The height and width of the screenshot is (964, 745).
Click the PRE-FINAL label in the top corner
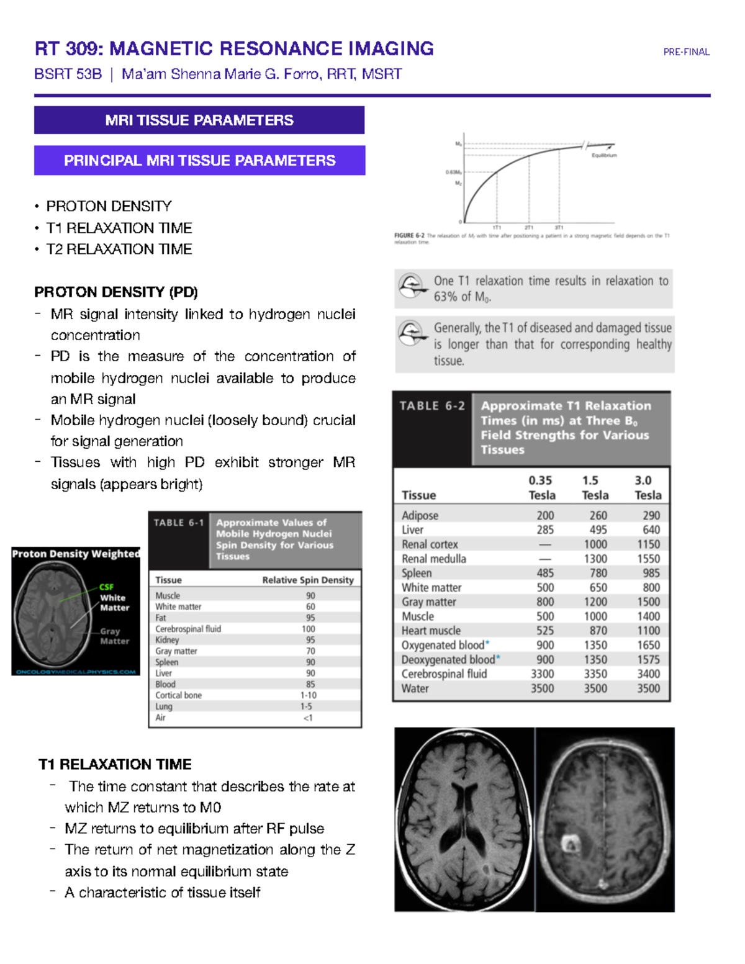[x=686, y=52]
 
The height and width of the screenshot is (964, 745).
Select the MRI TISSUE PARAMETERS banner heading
[x=199, y=120]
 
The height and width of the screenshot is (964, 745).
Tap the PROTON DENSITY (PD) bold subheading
[x=116, y=292]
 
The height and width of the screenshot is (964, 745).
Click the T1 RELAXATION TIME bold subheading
[x=115, y=764]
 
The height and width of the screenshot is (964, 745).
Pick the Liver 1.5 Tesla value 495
[x=595, y=530]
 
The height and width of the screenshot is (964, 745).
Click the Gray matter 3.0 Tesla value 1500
[x=648, y=602]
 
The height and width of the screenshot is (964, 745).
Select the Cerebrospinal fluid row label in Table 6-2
[x=444, y=674]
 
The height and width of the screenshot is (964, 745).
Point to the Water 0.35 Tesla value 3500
[x=542, y=688]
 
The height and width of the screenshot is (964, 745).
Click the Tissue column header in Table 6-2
[x=418, y=495]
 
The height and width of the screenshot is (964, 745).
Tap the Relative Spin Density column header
[x=308, y=580]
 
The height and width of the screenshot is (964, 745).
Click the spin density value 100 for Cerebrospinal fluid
[x=309, y=629]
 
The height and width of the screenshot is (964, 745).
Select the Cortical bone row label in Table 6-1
[x=178, y=695]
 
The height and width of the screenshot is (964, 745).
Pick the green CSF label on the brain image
[x=106, y=587]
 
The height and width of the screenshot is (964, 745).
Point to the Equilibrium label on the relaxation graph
[x=604, y=155]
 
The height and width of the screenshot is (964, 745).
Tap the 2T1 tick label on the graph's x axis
[x=528, y=228]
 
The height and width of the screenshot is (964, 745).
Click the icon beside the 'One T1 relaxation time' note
[x=411, y=287]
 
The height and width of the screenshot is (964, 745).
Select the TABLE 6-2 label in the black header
[x=431, y=406]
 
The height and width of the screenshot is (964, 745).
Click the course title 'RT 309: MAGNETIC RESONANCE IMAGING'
[x=234, y=48]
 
